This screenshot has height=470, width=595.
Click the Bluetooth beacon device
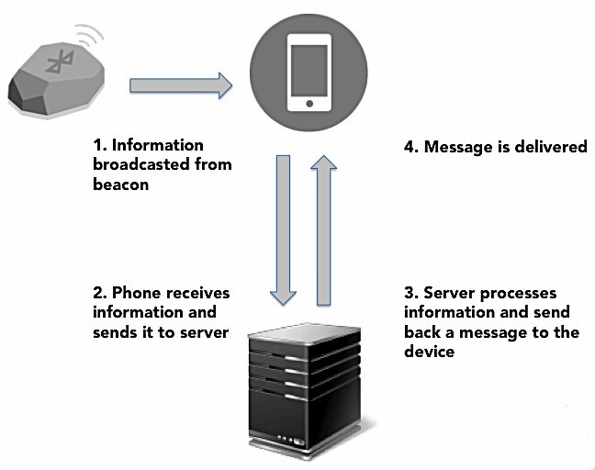(53, 84)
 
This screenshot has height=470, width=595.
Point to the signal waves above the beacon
(91, 38)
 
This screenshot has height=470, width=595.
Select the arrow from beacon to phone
(180, 86)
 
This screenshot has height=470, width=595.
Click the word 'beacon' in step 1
(119, 184)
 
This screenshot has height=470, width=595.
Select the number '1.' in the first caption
(100, 145)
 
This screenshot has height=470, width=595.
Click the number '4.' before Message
(411, 146)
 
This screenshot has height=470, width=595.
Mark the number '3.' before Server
(411, 293)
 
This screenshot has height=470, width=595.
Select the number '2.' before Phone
(99, 293)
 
